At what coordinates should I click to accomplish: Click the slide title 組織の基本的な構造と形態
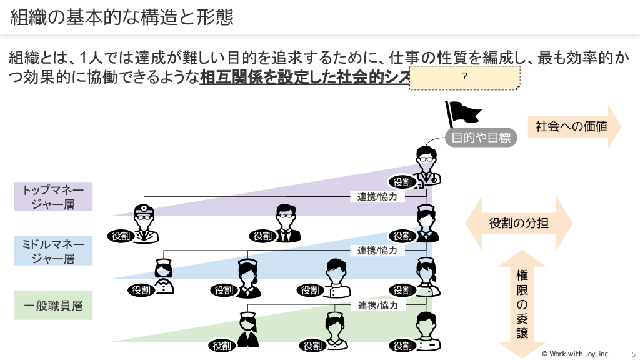122,17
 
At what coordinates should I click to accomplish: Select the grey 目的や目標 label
481,137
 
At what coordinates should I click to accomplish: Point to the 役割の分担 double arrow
519,223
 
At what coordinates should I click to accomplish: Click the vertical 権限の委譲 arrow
522,304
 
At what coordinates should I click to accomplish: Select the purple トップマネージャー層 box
53,197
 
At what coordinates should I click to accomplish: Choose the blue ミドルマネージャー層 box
53,251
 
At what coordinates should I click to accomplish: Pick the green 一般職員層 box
53,306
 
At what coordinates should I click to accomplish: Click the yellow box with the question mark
465,77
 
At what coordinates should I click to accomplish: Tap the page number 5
633,354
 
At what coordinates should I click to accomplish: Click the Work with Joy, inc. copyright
575,354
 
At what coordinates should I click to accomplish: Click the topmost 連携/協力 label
377,196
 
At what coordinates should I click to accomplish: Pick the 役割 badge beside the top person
402,182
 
